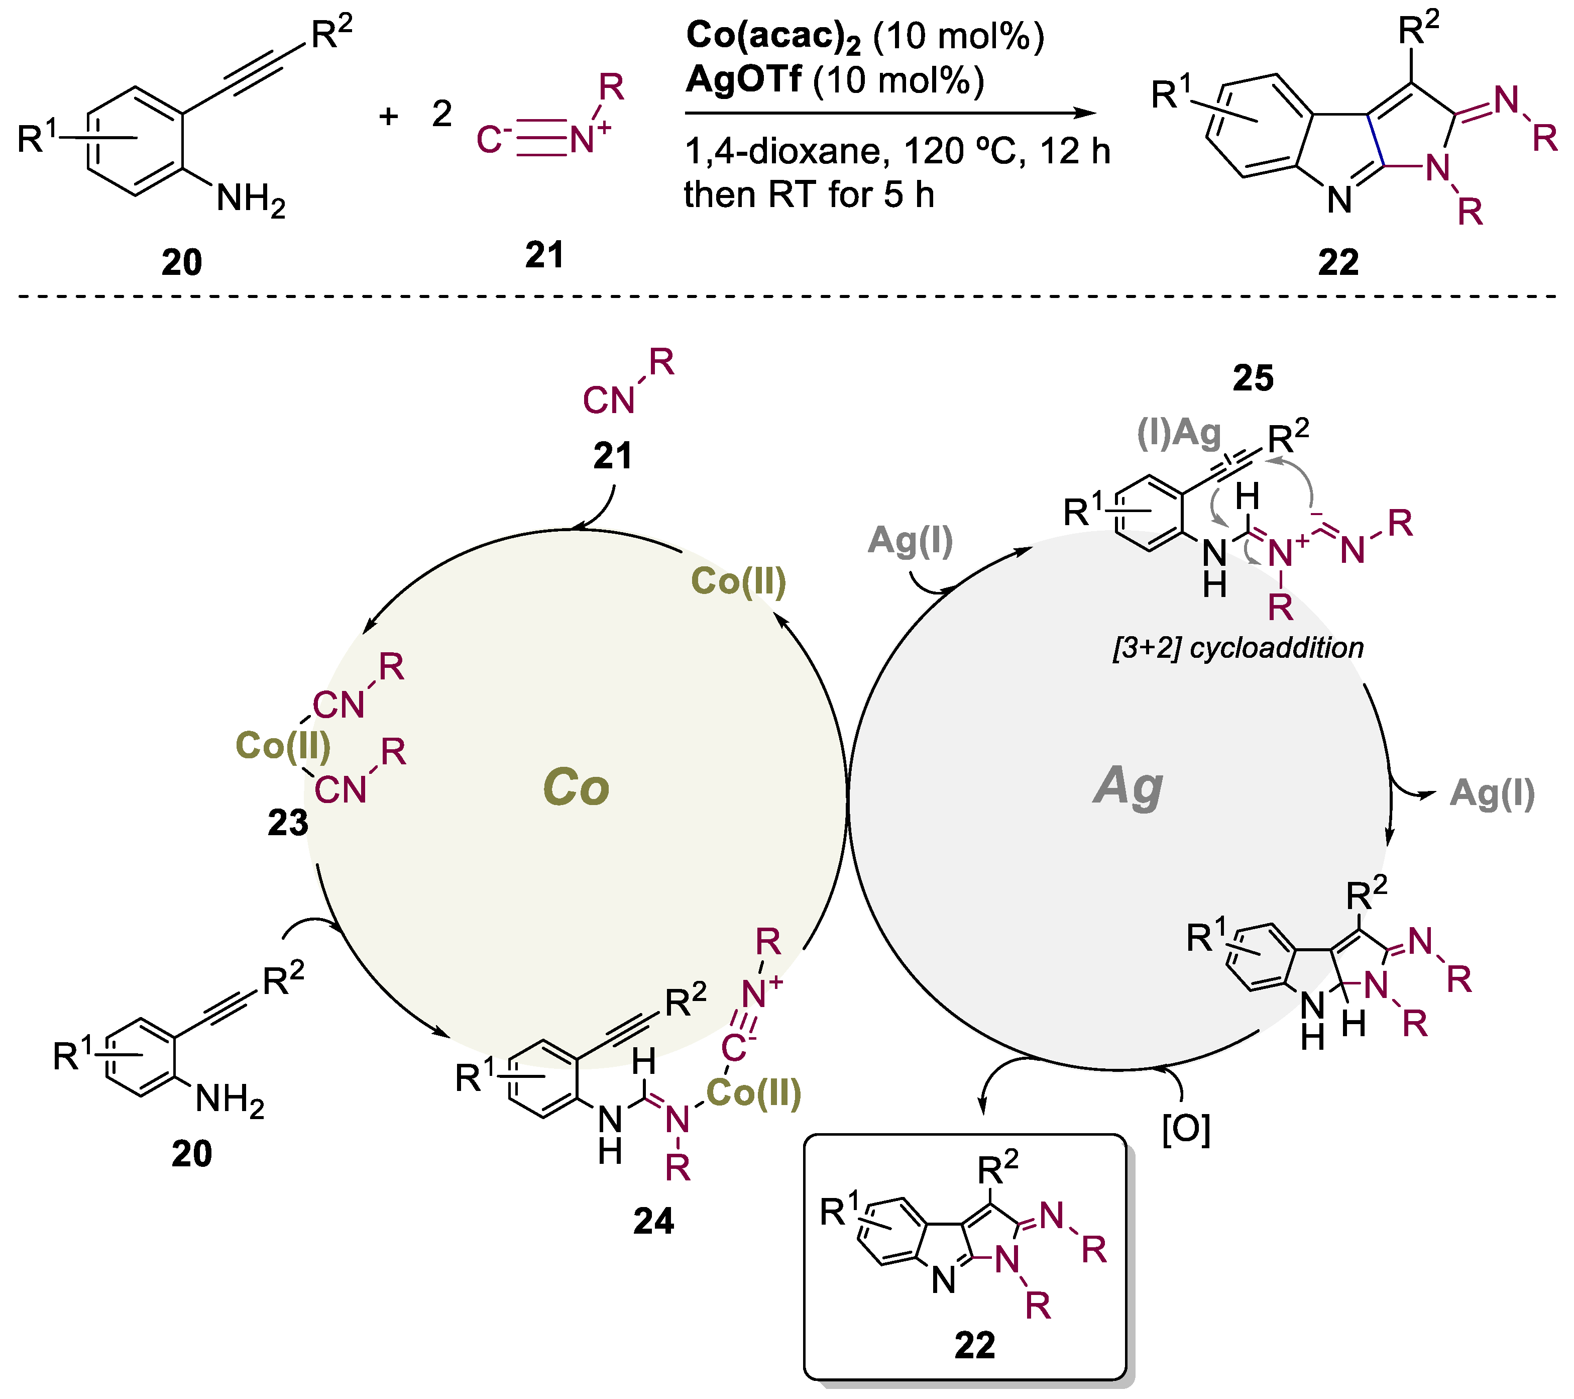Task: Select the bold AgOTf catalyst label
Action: (x=744, y=79)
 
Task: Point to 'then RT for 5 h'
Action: (x=809, y=195)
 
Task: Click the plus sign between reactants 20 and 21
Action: (x=389, y=116)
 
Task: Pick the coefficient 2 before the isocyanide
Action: (x=441, y=115)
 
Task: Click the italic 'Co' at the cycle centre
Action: (x=576, y=787)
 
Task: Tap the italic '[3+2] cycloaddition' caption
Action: (x=1238, y=648)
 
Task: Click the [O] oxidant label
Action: (x=1186, y=1129)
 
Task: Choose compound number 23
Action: (x=287, y=823)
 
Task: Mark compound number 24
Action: (x=653, y=1221)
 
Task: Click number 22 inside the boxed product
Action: (x=974, y=1345)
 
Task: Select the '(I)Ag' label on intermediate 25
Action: (x=1178, y=434)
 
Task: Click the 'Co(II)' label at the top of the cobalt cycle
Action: (x=738, y=581)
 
